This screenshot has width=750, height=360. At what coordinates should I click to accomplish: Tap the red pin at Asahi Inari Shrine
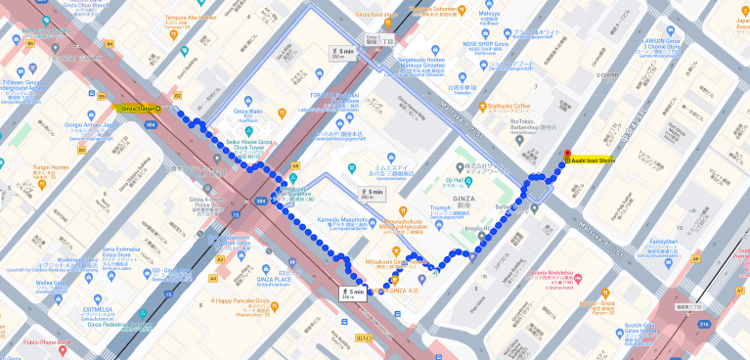[x=566, y=152]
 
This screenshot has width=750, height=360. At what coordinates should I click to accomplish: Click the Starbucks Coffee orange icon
[x=483, y=106]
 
